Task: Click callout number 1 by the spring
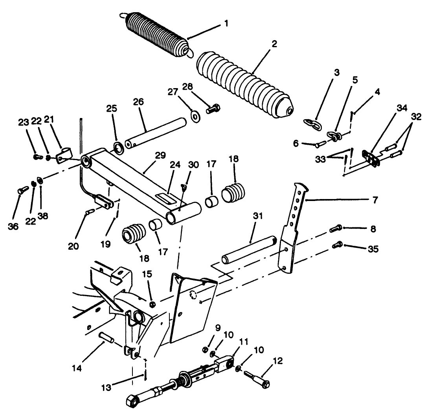coord(226,24)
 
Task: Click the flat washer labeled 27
coord(194,117)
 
